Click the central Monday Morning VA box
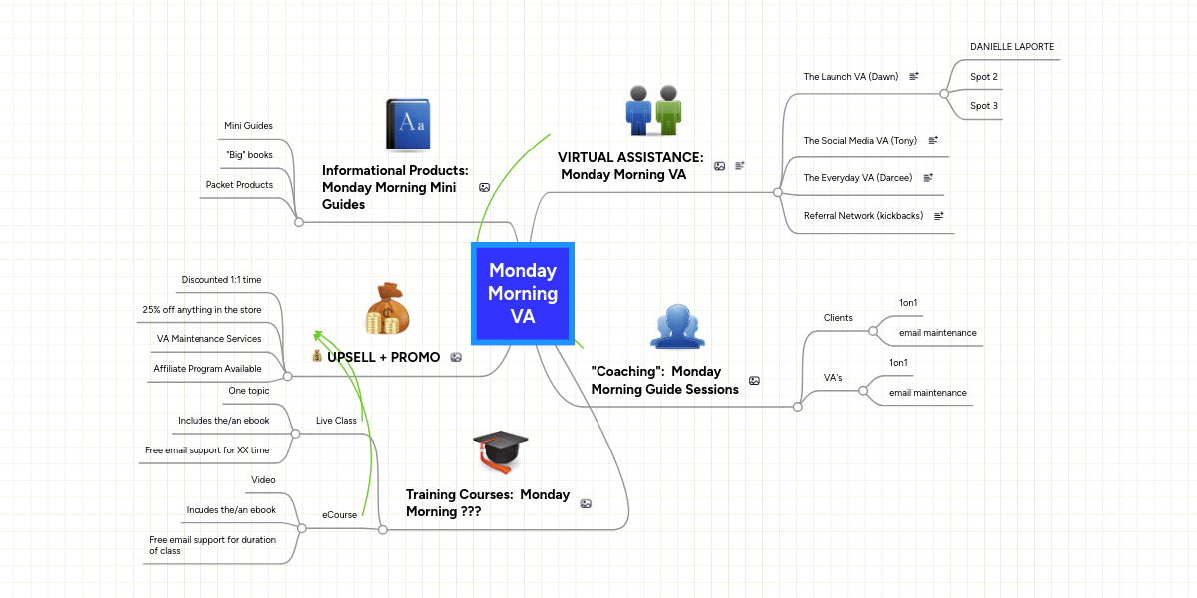(x=523, y=294)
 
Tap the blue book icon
(x=408, y=124)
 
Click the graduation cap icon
(x=500, y=450)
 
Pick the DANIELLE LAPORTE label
(x=1011, y=47)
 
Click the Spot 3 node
(x=984, y=106)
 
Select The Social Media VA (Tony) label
(x=860, y=141)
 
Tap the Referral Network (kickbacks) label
(x=863, y=216)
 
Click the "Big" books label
(x=249, y=155)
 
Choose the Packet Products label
(x=239, y=185)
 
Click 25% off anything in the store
(x=201, y=310)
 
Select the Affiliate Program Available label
(x=207, y=369)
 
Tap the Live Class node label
(x=336, y=421)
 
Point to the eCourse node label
(x=339, y=515)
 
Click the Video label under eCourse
(x=263, y=480)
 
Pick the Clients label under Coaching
(x=838, y=318)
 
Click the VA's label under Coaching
(x=833, y=378)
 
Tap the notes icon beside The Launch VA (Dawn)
(x=914, y=76)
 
